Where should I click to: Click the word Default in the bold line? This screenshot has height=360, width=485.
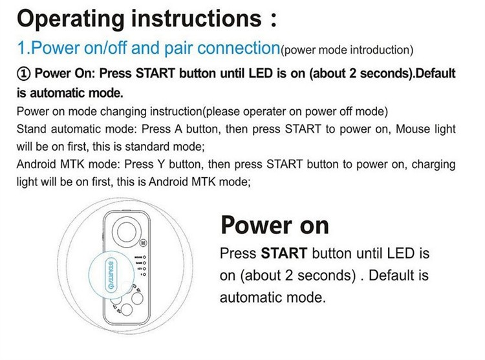(x=436, y=74)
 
